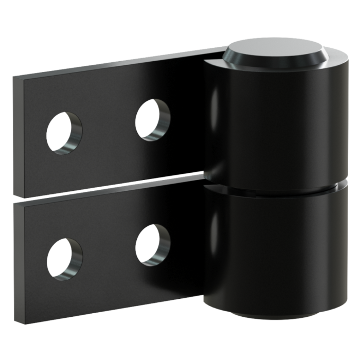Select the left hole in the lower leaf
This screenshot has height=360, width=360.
64,256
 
